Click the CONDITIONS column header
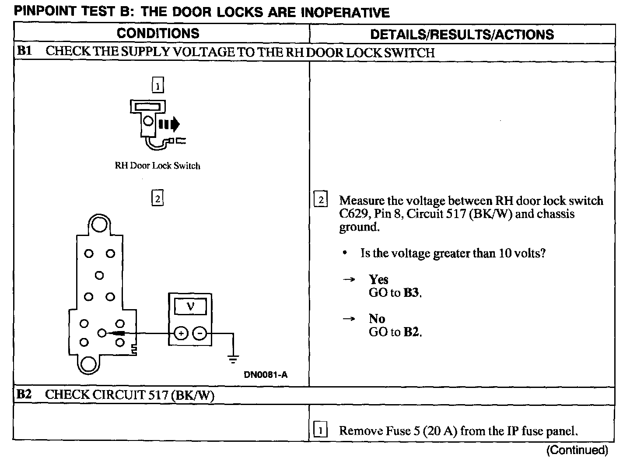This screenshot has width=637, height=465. [x=158, y=33]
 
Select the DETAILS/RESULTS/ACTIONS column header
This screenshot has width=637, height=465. [x=462, y=35]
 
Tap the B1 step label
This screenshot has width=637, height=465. [x=24, y=51]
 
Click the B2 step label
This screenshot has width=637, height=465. [x=24, y=395]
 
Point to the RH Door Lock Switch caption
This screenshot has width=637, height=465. [x=157, y=166]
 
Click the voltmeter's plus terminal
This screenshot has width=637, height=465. [x=180, y=334]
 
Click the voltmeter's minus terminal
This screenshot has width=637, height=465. [x=200, y=334]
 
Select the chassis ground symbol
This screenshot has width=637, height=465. [x=233, y=359]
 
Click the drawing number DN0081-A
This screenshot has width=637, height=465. [x=266, y=375]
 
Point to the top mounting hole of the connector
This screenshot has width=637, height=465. [x=99, y=225]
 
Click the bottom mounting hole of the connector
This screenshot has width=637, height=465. [x=89, y=363]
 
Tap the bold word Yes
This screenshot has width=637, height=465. [x=378, y=279]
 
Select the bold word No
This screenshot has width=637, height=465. [x=377, y=319]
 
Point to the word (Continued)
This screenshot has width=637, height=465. [x=577, y=450]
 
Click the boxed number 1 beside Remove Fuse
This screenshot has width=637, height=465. [x=321, y=431]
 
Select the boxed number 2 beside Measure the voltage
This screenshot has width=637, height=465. [x=321, y=201]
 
